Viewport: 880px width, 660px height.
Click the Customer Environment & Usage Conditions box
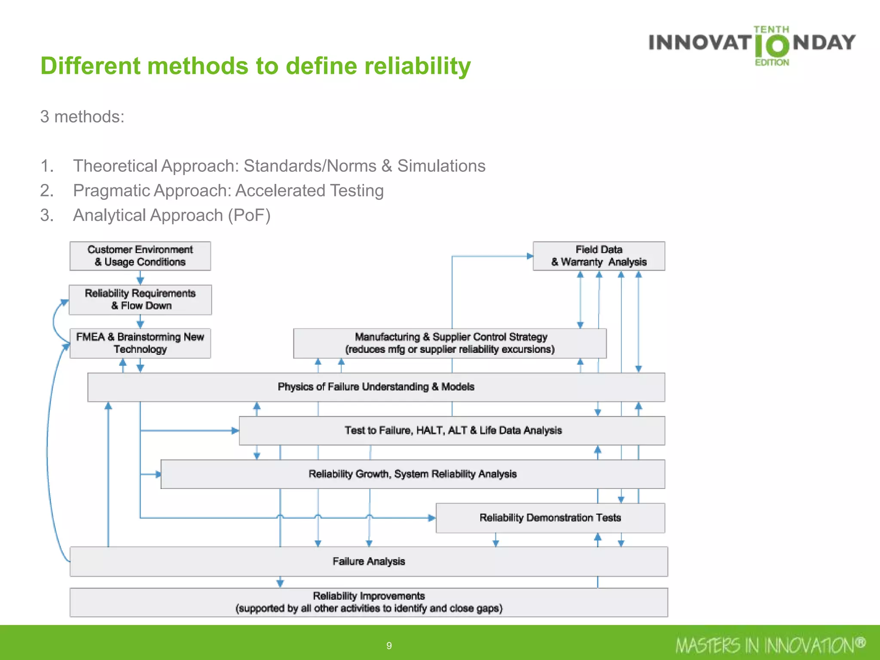(140, 256)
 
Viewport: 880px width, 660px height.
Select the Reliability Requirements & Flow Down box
(140, 299)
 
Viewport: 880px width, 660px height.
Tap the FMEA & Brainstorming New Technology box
(140, 343)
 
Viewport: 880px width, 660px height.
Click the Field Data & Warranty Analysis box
(599, 256)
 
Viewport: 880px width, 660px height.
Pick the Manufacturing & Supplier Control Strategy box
(450, 343)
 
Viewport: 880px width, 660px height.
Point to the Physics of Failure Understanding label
(376, 387)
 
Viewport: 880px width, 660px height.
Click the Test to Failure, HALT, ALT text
(453, 430)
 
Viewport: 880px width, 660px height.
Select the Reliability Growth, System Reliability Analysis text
(412, 474)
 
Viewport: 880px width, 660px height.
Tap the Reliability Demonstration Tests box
(550, 518)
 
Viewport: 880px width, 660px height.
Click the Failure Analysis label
(369, 561)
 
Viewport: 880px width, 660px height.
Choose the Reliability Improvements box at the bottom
(369, 602)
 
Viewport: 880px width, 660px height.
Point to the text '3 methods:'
(82, 116)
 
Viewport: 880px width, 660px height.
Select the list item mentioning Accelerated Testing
(228, 190)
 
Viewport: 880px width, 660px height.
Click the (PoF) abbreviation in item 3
(249, 215)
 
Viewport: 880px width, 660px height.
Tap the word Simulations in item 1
(441, 166)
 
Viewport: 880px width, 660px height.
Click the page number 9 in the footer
(389, 645)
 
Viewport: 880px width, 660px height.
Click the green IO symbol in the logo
(772, 46)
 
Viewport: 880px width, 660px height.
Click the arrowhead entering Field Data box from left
(530, 256)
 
